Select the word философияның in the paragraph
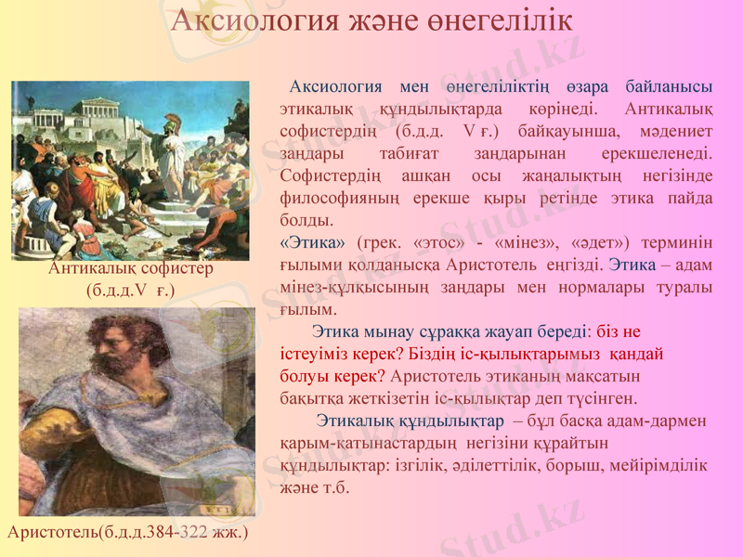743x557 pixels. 340,198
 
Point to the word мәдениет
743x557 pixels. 675,131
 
